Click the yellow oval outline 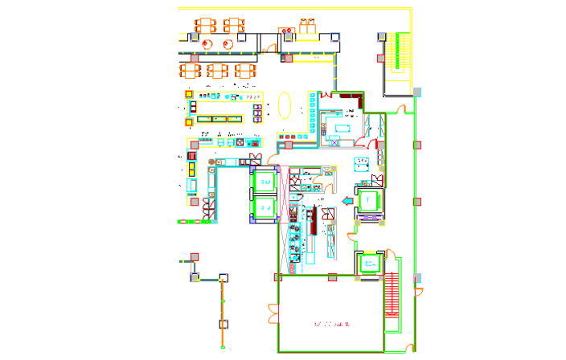tap(285, 105)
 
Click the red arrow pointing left tap(347, 201)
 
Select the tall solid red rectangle tap(392, 296)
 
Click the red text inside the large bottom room tap(332, 324)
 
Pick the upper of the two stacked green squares tap(264, 182)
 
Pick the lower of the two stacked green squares tap(264, 207)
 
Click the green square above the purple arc tap(369, 200)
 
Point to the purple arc tap(370, 217)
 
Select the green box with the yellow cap tap(370, 262)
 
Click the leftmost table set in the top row tap(205, 25)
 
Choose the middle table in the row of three tap(217, 71)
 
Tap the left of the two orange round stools tap(207, 44)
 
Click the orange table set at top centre tap(306, 28)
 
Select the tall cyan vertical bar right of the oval tap(313, 112)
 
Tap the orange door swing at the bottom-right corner tap(410, 347)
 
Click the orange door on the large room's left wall tap(273, 313)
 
